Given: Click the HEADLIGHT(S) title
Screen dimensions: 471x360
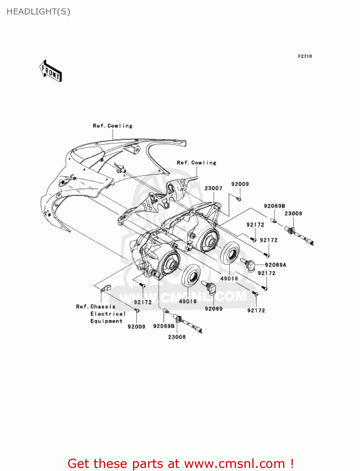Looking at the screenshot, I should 38,12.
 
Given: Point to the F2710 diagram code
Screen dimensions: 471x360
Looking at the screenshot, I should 305,56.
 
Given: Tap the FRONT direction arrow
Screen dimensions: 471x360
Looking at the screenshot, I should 51,71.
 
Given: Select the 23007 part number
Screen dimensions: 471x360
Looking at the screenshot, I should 213,188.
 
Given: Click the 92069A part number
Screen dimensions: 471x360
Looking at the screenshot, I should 276,265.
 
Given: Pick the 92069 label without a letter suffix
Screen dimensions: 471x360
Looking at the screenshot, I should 214,309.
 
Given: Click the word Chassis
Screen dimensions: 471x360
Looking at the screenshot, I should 103,306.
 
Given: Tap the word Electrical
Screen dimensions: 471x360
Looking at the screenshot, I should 108,314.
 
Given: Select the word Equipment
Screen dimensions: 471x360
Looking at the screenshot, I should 106,321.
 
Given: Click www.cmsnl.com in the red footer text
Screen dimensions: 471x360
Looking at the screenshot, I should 234,463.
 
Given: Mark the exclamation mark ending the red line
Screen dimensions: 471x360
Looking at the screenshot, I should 292,463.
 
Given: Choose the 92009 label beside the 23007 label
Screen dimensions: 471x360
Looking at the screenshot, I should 240,184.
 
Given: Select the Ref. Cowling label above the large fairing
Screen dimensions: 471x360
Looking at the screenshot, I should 113,126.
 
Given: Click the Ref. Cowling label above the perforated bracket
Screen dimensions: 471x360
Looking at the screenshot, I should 196,163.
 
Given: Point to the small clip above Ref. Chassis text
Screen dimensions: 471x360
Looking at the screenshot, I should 105,288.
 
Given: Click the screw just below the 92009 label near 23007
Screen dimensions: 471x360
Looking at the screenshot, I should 239,199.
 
